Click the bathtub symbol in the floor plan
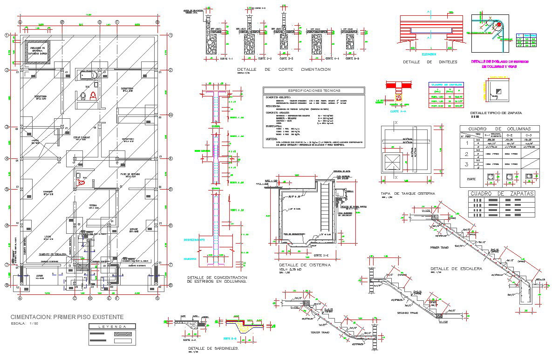pyautogui.click(x=88, y=75)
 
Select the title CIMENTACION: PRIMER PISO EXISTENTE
pyautogui.click(x=67, y=317)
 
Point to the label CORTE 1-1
pyautogui.click(x=211, y=59)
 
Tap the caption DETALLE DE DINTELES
pyautogui.click(x=430, y=62)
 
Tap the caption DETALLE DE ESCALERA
pyautogui.click(x=456, y=269)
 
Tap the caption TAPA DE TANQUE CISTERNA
pyautogui.click(x=408, y=193)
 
